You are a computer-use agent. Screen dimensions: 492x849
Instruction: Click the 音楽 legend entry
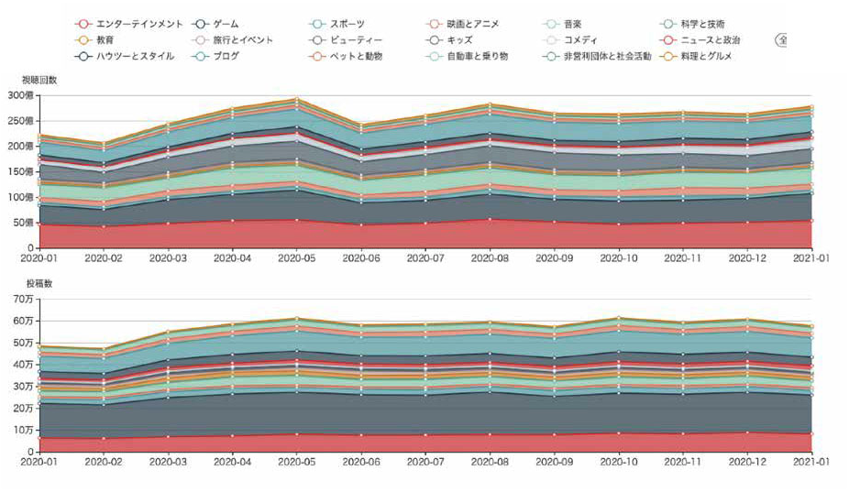[x=573, y=23]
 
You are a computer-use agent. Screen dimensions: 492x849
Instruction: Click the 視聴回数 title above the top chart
[x=39, y=81]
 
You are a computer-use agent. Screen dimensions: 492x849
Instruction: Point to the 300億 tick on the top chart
[x=19, y=95]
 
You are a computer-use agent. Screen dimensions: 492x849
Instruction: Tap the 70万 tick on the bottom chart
[x=21, y=300]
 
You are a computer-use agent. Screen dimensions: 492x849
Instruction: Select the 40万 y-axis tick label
[x=21, y=365]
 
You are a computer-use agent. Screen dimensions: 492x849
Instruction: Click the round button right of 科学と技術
[x=782, y=40]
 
